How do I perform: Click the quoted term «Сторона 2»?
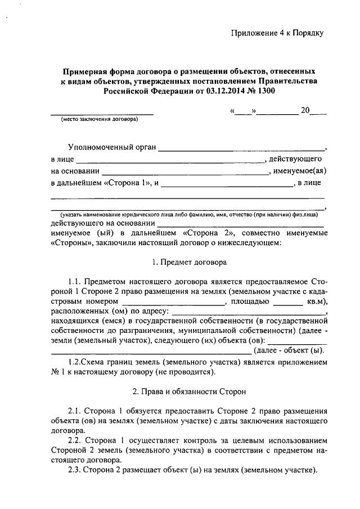204,233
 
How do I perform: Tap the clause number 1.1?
75,280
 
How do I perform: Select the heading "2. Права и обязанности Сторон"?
188,390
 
